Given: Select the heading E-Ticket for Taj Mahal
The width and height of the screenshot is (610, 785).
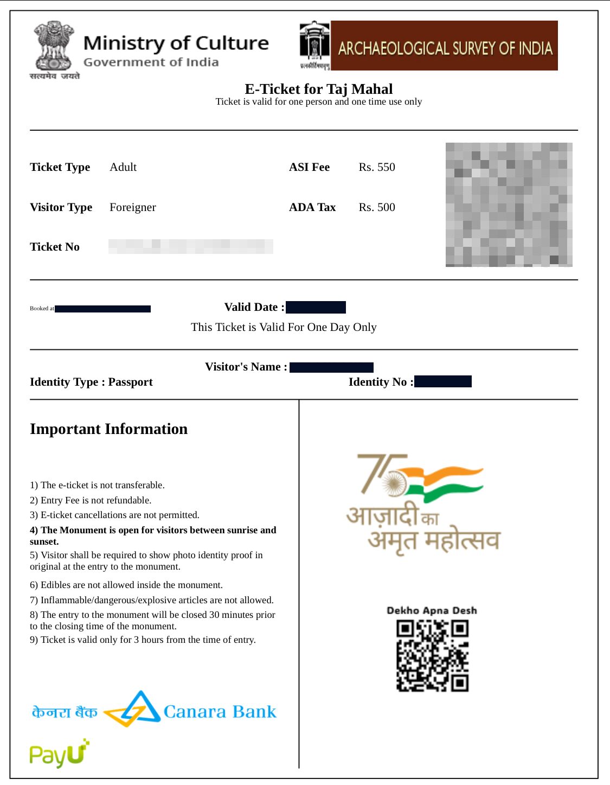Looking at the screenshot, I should pos(318,89).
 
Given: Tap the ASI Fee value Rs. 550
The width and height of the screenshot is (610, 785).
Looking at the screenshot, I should pos(377,167).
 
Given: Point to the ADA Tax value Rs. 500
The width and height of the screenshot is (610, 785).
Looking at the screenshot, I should pos(377,207).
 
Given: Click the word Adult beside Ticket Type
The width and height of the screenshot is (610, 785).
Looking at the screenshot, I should pos(123,167).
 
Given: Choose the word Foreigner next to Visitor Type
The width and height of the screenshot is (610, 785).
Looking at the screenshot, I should pos(133,207).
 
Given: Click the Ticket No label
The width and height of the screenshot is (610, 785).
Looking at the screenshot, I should pos(55,247).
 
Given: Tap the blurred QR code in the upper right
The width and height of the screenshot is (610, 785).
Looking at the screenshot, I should pos(509,205).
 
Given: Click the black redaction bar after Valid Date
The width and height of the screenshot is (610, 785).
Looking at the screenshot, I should pos(316,308).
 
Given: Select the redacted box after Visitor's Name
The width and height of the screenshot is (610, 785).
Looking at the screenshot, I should pos(331,367).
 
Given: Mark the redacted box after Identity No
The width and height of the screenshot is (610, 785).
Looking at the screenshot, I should pos(442,382).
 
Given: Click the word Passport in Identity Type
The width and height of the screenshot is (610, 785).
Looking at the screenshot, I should pos(131,382).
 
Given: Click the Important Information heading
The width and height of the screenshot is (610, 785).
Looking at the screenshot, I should pos(108,429).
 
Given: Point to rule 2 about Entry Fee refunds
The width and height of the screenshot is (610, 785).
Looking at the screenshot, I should pos(91,500).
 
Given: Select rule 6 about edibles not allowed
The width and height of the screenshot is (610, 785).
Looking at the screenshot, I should pos(126,585).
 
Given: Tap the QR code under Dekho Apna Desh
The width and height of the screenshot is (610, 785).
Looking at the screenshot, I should pos(432,656).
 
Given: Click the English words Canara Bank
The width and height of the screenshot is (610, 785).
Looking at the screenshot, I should pos(220,711).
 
